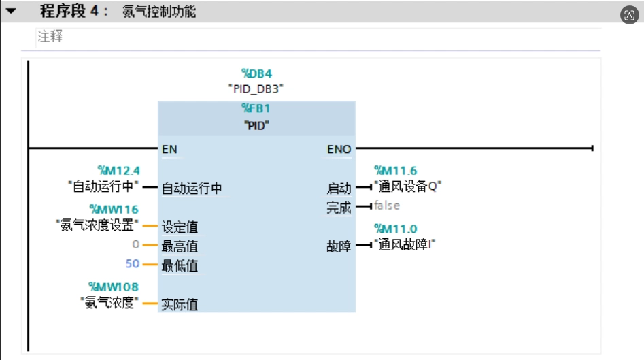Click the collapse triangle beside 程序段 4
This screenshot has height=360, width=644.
coord(11,11)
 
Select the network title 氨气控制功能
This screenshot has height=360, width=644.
coord(159,12)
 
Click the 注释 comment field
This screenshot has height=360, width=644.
coord(50,37)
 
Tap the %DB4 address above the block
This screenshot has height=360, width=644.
coord(256,73)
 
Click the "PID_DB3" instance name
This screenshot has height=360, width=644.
coord(256,88)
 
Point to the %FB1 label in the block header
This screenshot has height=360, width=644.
coord(256,108)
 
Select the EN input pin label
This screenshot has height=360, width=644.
coord(169,149)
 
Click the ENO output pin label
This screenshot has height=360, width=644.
coord(339,149)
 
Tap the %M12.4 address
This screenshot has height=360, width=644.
coord(119,171)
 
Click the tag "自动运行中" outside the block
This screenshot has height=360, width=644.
coord(104,186)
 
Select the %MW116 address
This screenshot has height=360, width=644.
coord(114,210)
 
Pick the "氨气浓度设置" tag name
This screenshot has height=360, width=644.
coord(98,225)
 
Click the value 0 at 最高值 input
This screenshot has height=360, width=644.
coord(135,244)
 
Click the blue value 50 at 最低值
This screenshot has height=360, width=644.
coord(132,264)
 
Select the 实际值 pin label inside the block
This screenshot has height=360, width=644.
coord(180,304)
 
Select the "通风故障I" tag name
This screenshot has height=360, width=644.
coord(405,244)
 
